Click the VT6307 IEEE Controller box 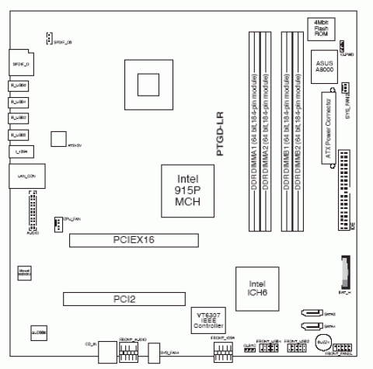point(211,319)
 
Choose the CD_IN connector point(104,350)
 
